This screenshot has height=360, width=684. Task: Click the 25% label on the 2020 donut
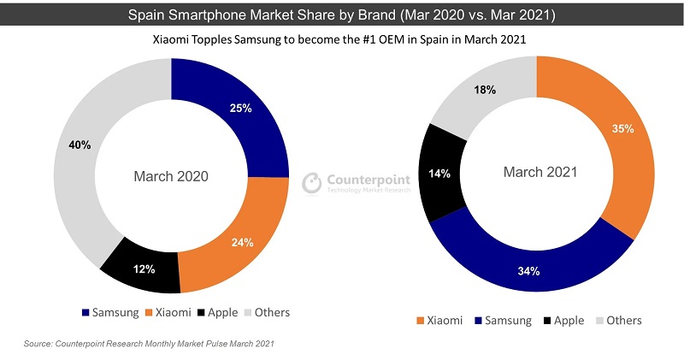(240, 109)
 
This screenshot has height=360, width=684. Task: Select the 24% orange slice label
(242, 242)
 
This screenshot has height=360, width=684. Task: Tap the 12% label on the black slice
(144, 269)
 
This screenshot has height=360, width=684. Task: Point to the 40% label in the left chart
(80, 145)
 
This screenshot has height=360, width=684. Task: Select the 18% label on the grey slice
(485, 91)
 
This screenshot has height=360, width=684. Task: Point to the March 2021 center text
(540, 172)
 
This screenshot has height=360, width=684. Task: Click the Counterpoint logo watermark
(357, 182)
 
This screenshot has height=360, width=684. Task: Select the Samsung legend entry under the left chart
(109, 312)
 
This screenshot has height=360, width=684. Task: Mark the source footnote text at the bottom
(149, 344)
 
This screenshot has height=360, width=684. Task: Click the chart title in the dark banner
(341, 15)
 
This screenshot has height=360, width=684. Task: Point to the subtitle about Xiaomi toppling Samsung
(342, 40)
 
